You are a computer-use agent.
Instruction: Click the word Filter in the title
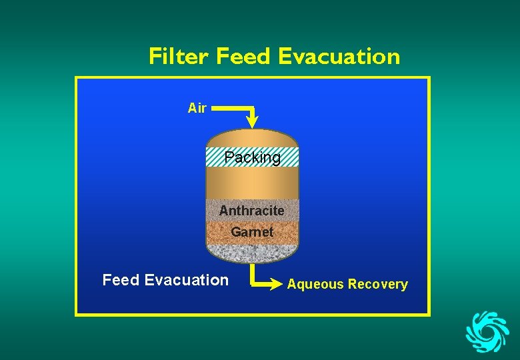(178, 57)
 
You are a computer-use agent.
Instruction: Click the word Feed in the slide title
(243, 57)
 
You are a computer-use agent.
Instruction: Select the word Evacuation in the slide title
(339, 57)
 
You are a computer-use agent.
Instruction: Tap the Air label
(197, 108)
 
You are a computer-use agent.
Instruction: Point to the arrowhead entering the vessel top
(253, 122)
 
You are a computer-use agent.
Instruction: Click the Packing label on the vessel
(253, 158)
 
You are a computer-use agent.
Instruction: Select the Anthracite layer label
(252, 211)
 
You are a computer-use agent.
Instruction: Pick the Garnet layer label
(252, 232)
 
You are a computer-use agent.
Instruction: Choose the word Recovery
(377, 285)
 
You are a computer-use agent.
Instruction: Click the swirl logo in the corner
(487, 331)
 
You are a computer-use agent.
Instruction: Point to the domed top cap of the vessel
(252, 137)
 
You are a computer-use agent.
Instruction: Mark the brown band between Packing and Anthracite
(252, 183)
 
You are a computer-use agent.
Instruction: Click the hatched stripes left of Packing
(215, 157)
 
